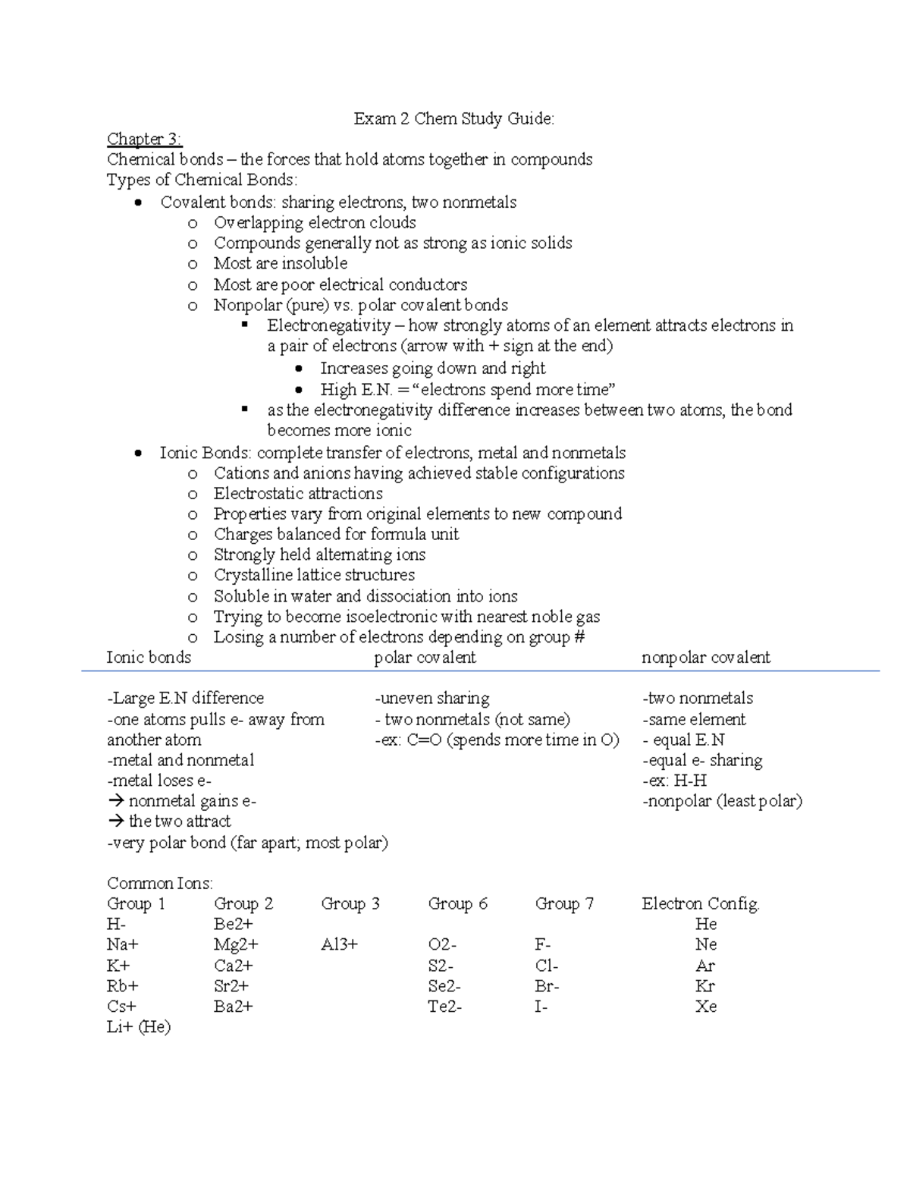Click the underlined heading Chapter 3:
(144, 139)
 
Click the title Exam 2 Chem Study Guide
(453, 118)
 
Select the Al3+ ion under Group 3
(339, 944)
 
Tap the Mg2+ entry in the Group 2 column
(236, 944)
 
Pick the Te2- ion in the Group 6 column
(444, 1007)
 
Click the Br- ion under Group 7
(547, 986)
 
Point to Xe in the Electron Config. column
(705, 1007)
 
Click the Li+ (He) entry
(139, 1027)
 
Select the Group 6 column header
(457, 903)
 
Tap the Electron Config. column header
(700, 903)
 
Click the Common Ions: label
(160, 883)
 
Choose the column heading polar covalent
(425, 658)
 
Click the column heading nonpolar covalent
(705, 658)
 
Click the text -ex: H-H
(674, 781)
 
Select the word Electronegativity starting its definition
(328, 326)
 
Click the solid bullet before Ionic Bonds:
(137, 454)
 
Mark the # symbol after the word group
(579, 637)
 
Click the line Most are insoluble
(280, 263)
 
